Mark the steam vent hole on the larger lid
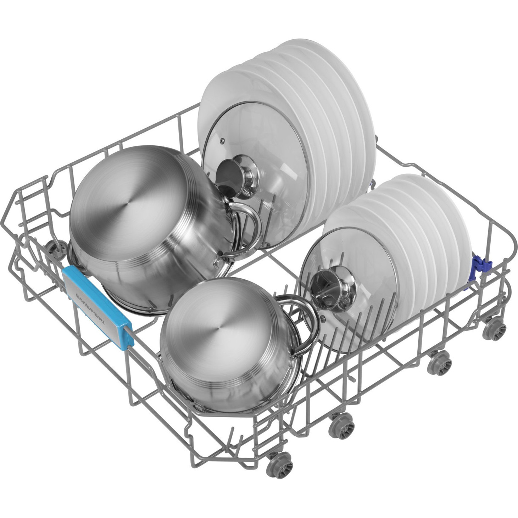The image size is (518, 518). coord(222,140)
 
